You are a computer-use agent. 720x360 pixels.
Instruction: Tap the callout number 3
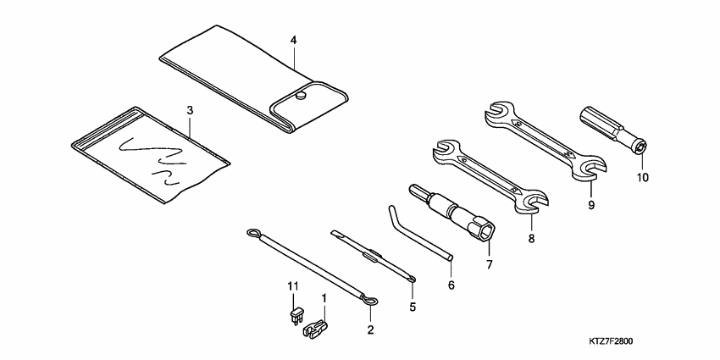tap(190, 111)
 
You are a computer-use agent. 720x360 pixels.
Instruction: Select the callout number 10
tap(641, 177)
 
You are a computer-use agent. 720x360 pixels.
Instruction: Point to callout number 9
tap(591, 205)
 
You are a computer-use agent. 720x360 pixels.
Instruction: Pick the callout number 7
tap(489, 263)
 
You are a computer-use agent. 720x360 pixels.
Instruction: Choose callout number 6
tap(451, 285)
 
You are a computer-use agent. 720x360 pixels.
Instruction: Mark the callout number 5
tap(413, 307)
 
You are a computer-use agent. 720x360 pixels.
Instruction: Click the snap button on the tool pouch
tap(301, 98)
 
